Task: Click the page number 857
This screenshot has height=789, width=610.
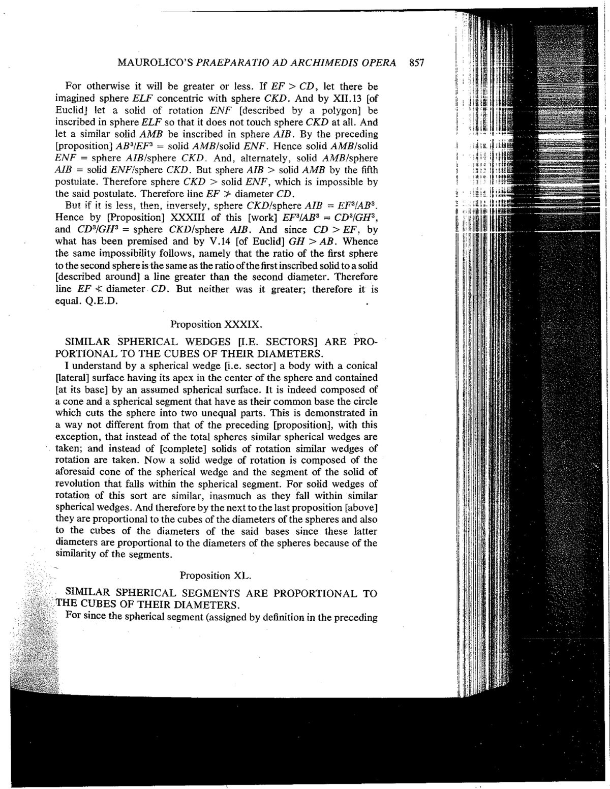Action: coord(416,64)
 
